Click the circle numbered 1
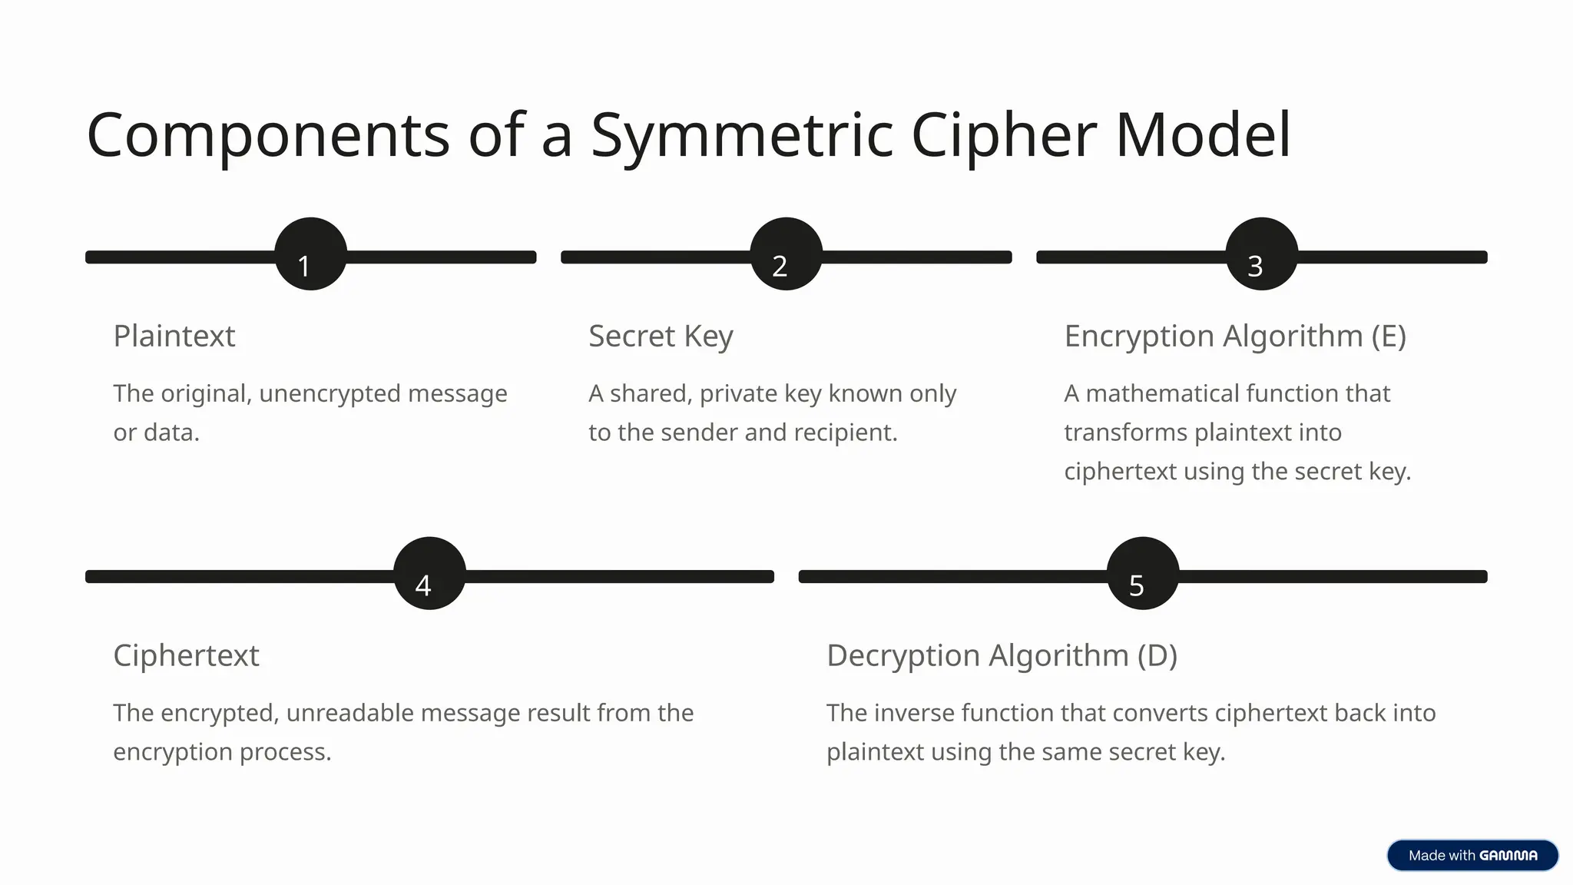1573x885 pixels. coord(310,254)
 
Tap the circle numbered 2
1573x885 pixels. coord(786,254)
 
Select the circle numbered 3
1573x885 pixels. coord(1261,254)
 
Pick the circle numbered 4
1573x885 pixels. coord(429,574)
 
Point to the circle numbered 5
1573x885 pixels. coord(1142,574)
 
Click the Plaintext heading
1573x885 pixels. coord(174,336)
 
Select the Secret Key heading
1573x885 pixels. coord(661,336)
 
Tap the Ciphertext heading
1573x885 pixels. coord(186,656)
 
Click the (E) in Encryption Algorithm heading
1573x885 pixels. coord(1389,336)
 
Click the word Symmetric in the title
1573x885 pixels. coord(742,136)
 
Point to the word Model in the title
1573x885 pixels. coord(1203,136)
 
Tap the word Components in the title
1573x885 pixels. coord(268,136)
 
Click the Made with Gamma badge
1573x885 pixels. coord(1472,855)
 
